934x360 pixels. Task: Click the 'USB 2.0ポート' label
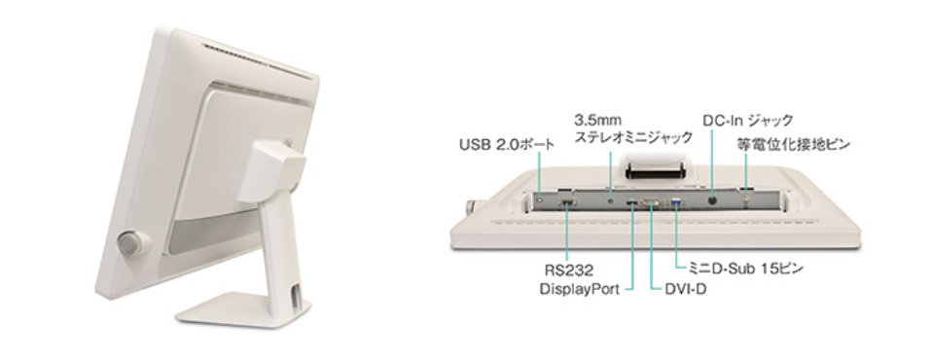click(x=506, y=144)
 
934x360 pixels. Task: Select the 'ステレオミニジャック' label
click(x=633, y=138)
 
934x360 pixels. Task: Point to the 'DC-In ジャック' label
click(x=747, y=121)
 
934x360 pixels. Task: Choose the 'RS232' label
click(x=569, y=270)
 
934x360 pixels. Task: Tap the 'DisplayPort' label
click(x=580, y=289)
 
